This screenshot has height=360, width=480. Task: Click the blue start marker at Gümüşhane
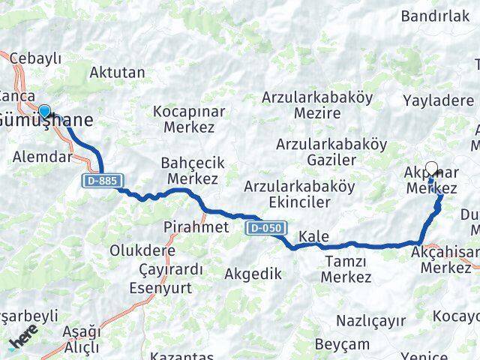pyautogui.click(x=44, y=112)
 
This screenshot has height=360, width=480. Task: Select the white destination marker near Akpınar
pyautogui.click(x=431, y=169)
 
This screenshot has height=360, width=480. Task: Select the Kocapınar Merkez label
pyautogui.click(x=184, y=118)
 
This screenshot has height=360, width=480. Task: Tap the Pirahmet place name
pyautogui.click(x=196, y=226)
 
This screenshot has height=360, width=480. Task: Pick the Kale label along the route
pyautogui.click(x=313, y=237)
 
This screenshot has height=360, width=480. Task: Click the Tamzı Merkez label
pyautogui.click(x=346, y=269)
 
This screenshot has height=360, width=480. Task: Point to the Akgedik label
pyautogui.click(x=253, y=274)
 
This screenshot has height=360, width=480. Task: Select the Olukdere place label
pyautogui.click(x=142, y=250)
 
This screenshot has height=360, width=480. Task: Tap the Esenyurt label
pyautogui.click(x=160, y=287)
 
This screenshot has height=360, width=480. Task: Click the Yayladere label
pyautogui.click(x=438, y=100)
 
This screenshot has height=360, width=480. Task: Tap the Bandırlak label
pyautogui.click(x=435, y=16)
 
